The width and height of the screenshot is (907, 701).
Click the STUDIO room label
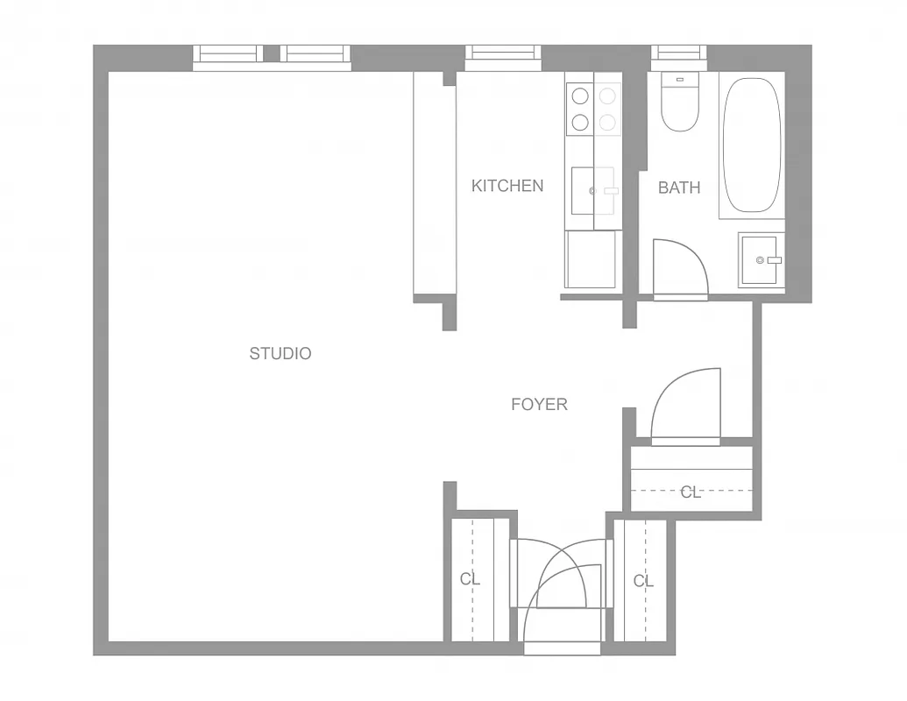click(280, 354)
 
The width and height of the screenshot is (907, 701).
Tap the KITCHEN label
click(507, 186)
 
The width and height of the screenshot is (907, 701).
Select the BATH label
click(679, 188)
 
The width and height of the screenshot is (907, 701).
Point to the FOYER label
click(539, 405)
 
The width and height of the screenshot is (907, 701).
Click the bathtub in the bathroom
click(751, 145)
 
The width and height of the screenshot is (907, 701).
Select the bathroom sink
click(760, 259)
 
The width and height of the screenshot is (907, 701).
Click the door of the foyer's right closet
click(686, 406)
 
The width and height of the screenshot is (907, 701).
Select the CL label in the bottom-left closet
click(471, 579)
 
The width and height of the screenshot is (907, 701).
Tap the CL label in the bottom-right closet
click(644, 581)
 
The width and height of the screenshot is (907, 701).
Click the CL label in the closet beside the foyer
click(691, 492)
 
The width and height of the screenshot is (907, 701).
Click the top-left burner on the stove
click(579, 96)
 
